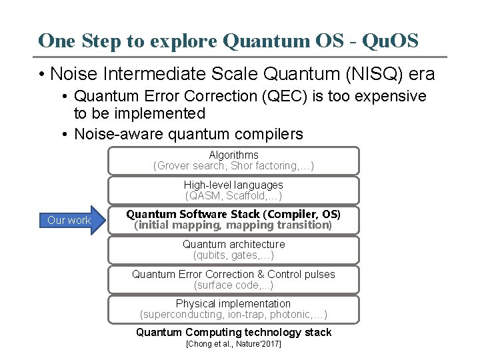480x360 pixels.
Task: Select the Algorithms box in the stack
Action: click(x=233, y=161)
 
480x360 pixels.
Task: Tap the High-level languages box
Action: click(x=233, y=190)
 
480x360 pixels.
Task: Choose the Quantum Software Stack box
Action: click(x=233, y=220)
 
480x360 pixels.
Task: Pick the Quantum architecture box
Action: click(x=233, y=250)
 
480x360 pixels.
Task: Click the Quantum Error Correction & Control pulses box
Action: click(x=233, y=279)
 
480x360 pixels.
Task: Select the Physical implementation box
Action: click(x=233, y=309)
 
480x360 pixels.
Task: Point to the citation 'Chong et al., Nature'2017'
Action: click(x=233, y=344)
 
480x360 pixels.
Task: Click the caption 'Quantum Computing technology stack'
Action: click(x=233, y=332)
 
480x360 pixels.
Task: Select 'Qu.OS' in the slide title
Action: click(x=390, y=41)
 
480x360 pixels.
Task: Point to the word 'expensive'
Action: click(x=389, y=96)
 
